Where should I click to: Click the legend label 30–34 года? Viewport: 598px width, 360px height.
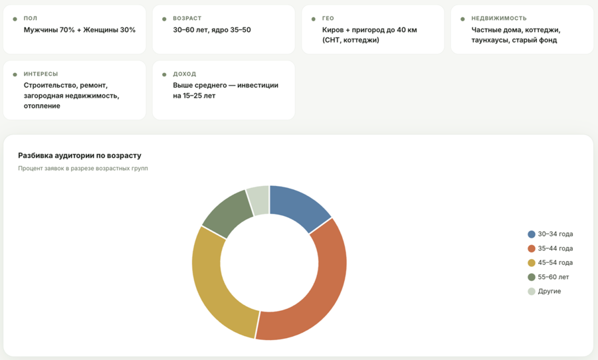pos(555,234)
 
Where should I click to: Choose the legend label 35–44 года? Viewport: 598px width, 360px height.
pos(555,248)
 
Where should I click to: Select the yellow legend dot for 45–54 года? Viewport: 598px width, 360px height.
pos(532,263)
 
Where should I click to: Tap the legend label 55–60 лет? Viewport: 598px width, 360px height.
pos(553,277)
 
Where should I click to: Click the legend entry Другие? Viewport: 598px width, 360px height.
pos(549,292)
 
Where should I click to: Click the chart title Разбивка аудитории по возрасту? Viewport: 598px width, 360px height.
pos(80,155)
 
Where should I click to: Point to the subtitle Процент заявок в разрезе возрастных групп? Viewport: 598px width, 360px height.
pos(83,168)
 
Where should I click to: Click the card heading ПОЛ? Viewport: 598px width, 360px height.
pos(31,19)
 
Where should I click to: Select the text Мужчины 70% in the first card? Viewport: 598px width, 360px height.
pos(49,30)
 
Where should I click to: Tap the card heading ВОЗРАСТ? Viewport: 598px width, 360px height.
pos(187,19)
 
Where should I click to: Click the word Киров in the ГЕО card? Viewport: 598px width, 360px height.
pos(333,30)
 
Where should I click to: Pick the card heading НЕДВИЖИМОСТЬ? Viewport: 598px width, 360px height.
pos(499,19)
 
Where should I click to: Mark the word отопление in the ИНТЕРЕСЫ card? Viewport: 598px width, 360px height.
pos(42,106)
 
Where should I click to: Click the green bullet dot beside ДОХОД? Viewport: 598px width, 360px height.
pos(164,75)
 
